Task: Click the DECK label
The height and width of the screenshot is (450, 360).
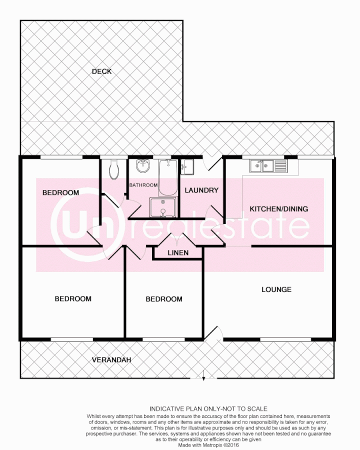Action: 101,71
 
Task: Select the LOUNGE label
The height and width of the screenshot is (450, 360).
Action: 276,289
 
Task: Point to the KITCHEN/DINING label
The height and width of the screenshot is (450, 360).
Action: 279,209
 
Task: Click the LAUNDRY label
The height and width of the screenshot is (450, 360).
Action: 201,190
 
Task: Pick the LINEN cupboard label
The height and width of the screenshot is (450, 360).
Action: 178,252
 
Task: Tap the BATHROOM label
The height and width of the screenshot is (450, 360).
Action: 143,185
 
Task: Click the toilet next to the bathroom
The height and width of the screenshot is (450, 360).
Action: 114,169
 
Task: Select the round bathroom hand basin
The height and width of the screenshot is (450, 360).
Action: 143,165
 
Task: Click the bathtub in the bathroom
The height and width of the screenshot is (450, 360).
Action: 167,177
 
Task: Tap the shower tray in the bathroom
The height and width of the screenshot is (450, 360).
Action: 163,207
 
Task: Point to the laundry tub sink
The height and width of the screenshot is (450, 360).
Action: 187,166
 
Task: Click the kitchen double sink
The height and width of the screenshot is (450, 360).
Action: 262,165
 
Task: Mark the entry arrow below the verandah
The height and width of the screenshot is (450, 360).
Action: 203,375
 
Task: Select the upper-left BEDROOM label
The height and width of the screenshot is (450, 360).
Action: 60,192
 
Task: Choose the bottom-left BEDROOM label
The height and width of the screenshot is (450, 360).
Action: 73,298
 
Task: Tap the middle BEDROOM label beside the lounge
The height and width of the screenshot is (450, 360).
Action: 164,299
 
